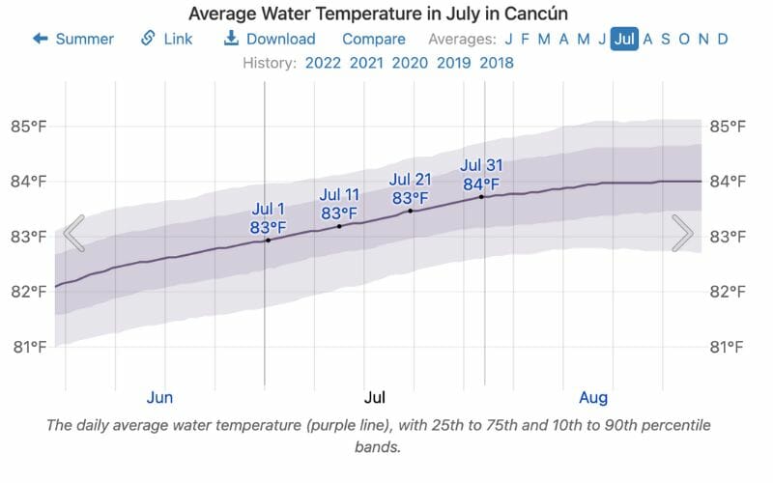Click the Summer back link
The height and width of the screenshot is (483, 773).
click(x=73, y=39)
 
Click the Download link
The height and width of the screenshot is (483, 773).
click(x=270, y=39)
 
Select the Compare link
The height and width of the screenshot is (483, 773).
click(x=373, y=39)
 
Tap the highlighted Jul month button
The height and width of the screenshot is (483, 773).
click(x=624, y=39)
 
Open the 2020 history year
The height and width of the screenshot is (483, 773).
click(x=410, y=63)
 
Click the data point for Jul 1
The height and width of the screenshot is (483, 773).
click(x=268, y=240)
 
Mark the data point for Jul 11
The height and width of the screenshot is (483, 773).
click(x=339, y=226)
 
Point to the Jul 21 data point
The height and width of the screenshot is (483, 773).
click(x=411, y=211)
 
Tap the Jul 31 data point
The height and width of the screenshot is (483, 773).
click(x=481, y=197)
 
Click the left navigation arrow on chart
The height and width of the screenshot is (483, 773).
click(x=73, y=234)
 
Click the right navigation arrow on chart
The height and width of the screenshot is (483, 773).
click(x=682, y=233)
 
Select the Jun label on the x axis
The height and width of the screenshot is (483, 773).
click(x=159, y=397)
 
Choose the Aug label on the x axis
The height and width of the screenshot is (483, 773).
click(x=592, y=397)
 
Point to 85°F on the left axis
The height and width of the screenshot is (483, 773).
click(x=29, y=127)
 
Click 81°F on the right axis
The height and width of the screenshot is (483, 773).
click(x=728, y=347)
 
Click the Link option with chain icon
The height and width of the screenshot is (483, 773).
click(x=166, y=39)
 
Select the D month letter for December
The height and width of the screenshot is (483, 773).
click(x=721, y=39)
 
